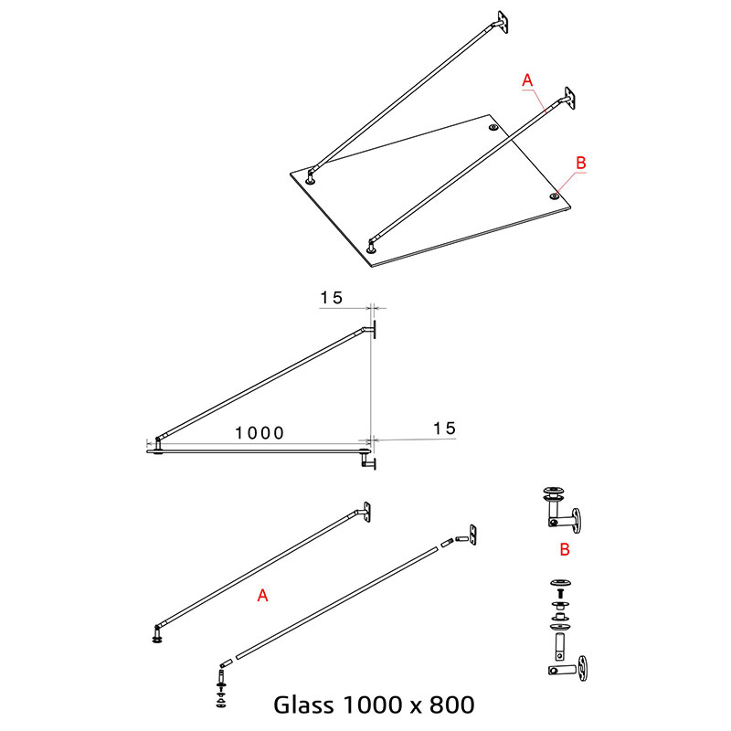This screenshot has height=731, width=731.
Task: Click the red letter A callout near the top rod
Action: click(x=527, y=80)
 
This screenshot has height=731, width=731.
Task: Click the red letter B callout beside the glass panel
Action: click(x=581, y=163)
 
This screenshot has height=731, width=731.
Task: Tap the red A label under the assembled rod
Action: click(x=263, y=596)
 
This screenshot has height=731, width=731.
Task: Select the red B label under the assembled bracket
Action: click(x=565, y=550)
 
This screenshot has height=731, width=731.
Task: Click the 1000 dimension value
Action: click(x=260, y=433)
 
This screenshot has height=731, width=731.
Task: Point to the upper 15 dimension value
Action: click(x=332, y=298)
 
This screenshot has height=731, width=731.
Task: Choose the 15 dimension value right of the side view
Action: click(x=444, y=429)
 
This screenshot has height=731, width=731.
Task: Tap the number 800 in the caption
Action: click(x=451, y=705)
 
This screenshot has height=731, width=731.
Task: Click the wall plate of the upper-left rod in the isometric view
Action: click(x=502, y=22)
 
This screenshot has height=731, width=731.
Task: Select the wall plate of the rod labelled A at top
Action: click(x=569, y=98)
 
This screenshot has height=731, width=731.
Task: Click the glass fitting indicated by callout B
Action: click(x=555, y=196)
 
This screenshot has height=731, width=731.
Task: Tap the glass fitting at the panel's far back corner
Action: click(x=493, y=127)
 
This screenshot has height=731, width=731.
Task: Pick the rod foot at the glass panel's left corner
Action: click(x=310, y=178)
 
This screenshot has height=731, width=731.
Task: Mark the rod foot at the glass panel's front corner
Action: click(x=371, y=248)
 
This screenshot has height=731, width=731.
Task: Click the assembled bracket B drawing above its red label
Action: click(x=562, y=510)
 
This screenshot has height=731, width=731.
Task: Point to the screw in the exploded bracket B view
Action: click(x=560, y=593)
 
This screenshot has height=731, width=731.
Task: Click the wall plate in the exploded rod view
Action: click(x=472, y=535)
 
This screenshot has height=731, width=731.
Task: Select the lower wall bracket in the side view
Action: click(x=368, y=462)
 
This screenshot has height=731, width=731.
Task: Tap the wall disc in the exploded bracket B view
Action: click(x=582, y=668)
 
